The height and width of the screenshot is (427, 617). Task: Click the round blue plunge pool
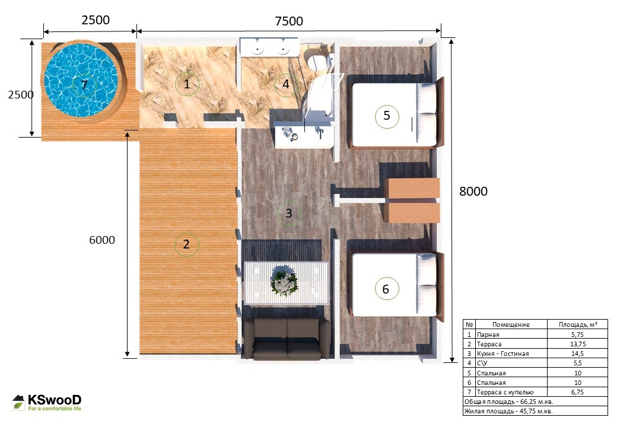81,80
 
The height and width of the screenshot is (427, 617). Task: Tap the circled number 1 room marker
187,84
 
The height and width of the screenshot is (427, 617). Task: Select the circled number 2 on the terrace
186,244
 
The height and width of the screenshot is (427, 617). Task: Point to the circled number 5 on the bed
387,116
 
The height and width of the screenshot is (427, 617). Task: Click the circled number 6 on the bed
386,289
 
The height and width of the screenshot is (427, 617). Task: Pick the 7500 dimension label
289,21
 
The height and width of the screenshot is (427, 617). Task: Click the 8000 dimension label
473,191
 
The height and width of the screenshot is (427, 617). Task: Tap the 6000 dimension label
102,240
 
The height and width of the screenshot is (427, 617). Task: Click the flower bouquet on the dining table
284,281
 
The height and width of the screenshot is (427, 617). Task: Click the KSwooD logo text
55,400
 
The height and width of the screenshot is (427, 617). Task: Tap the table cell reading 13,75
577,344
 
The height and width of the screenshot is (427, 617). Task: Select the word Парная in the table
488,334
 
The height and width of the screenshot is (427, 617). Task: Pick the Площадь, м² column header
578,324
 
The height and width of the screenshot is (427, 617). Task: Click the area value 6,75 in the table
577,392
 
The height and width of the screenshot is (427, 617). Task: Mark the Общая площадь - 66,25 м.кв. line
509,402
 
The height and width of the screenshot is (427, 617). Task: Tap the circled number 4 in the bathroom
286,84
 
